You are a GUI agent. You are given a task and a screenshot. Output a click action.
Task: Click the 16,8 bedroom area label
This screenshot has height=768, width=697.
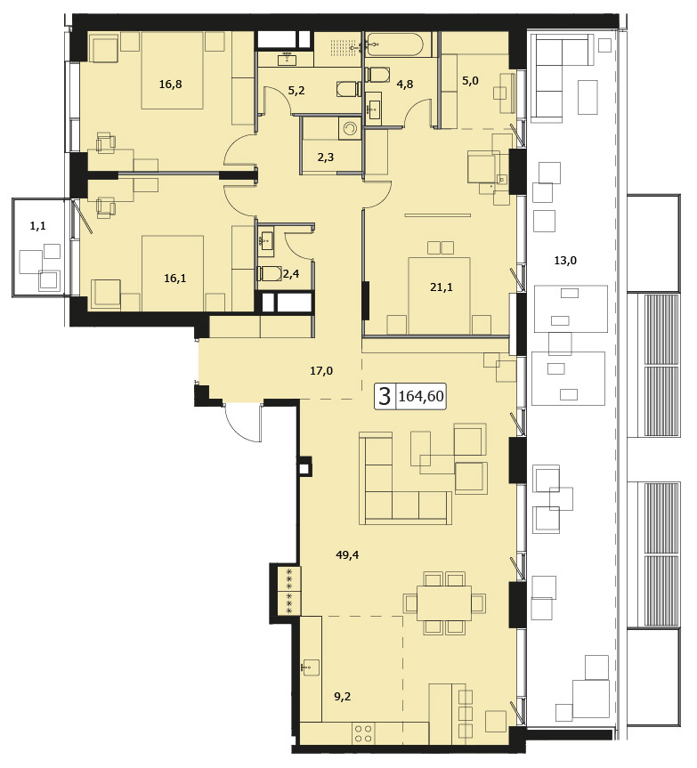(x=170, y=85)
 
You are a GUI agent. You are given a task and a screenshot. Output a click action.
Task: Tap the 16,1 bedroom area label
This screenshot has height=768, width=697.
(x=174, y=279)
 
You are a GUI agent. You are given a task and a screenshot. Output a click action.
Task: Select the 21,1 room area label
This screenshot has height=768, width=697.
(x=442, y=287)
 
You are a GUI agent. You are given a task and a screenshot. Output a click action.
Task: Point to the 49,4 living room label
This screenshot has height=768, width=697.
(x=347, y=555)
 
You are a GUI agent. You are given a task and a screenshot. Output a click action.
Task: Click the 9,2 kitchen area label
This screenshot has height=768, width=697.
(x=343, y=696)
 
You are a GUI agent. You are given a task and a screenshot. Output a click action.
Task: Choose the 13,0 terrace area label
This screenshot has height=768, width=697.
(x=565, y=261)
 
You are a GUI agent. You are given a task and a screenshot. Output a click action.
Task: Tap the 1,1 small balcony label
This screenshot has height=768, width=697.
(x=37, y=226)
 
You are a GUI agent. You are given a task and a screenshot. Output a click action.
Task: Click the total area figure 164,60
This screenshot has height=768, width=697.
(x=421, y=396)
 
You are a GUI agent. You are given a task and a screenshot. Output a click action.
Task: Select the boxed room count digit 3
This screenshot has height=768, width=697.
(x=385, y=396)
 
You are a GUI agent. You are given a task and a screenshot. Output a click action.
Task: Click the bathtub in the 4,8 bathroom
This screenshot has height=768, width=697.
(x=394, y=44)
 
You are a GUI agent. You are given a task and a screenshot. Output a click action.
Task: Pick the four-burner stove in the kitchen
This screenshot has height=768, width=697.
(x=363, y=733)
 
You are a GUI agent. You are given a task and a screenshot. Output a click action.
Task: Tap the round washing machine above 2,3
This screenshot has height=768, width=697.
(x=349, y=128)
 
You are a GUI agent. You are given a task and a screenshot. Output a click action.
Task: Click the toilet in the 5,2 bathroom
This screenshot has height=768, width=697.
(x=348, y=89)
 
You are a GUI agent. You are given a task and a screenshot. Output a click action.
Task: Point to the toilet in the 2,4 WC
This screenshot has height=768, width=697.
(x=269, y=273)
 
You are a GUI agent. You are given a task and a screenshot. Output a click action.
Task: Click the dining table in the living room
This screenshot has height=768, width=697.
(x=444, y=603)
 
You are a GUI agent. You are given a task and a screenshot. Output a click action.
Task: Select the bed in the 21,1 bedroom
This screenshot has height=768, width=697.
(x=440, y=295)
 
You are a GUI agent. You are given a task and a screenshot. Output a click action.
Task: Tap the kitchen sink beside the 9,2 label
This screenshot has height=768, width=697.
(x=310, y=667)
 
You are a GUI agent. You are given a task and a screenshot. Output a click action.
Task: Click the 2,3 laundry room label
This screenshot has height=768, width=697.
(x=325, y=158)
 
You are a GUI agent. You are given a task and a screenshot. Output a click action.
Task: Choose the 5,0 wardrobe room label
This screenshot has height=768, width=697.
(x=470, y=81)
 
